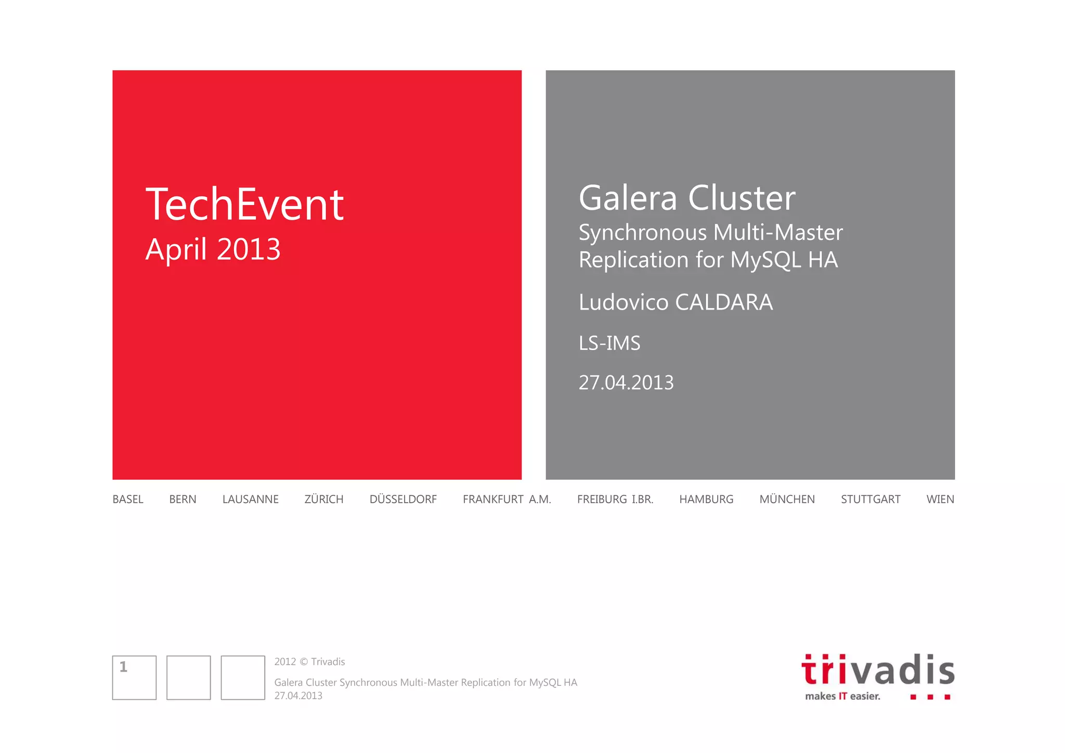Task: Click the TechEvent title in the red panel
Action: tap(244, 205)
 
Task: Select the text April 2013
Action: tap(213, 249)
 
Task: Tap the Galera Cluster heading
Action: tap(687, 198)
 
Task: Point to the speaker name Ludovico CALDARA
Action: tap(676, 302)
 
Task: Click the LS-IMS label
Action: tap(609, 343)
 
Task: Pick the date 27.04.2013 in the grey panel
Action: tap(626, 383)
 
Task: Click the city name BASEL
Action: tap(128, 500)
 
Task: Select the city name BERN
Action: tap(183, 500)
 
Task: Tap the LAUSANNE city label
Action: tap(250, 500)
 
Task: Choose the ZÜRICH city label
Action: tap(323, 500)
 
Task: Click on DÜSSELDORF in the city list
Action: tap(403, 500)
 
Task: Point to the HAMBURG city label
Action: tap(706, 500)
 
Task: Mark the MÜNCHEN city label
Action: tap(787, 500)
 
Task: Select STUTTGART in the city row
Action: tap(871, 500)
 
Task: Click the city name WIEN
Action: tap(940, 500)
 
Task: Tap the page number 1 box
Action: tap(134, 677)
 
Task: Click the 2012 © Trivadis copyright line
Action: tap(309, 662)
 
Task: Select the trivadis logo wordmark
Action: tap(878, 670)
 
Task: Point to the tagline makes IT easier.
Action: tap(842, 696)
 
